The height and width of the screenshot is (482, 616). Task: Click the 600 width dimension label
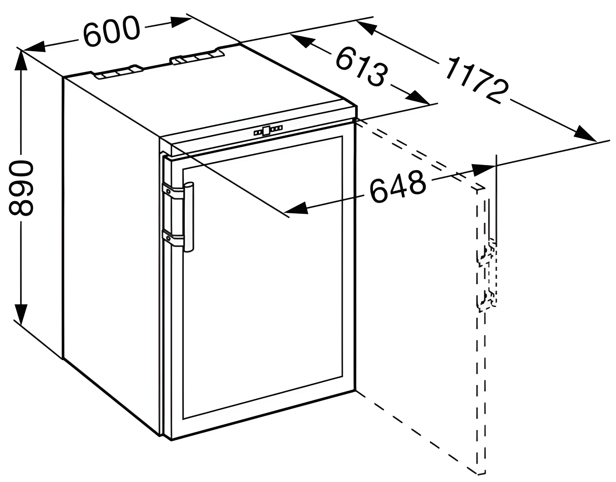click(111, 31)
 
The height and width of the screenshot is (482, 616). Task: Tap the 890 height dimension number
click(21, 187)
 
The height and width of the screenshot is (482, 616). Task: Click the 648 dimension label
click(398, 187)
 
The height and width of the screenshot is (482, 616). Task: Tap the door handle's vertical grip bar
click(188, 217)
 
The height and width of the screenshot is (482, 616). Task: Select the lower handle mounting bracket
click(173, 238)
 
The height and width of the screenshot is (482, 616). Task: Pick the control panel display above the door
click(268, 130)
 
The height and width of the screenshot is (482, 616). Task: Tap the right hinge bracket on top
click(197, 56)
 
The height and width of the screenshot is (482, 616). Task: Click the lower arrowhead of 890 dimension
click(21, 314)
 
